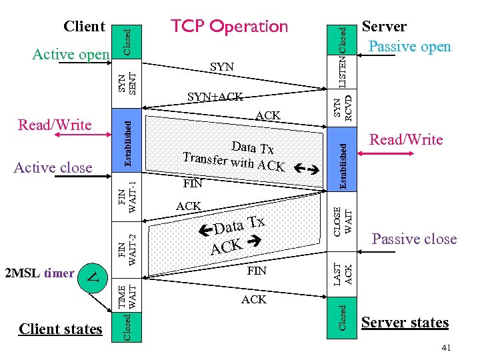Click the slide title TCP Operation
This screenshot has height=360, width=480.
(229, 26)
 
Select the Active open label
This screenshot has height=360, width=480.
(71, 55)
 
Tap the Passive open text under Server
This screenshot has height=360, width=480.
(410, 46)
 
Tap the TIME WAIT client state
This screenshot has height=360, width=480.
(127, 295)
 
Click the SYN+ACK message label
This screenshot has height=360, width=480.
(215, 97)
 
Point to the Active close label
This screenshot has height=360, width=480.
(53, 167)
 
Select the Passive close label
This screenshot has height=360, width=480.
(414, 239)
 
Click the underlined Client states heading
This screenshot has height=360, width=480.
(61, 329)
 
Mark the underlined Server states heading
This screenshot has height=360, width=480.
(405, 323)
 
